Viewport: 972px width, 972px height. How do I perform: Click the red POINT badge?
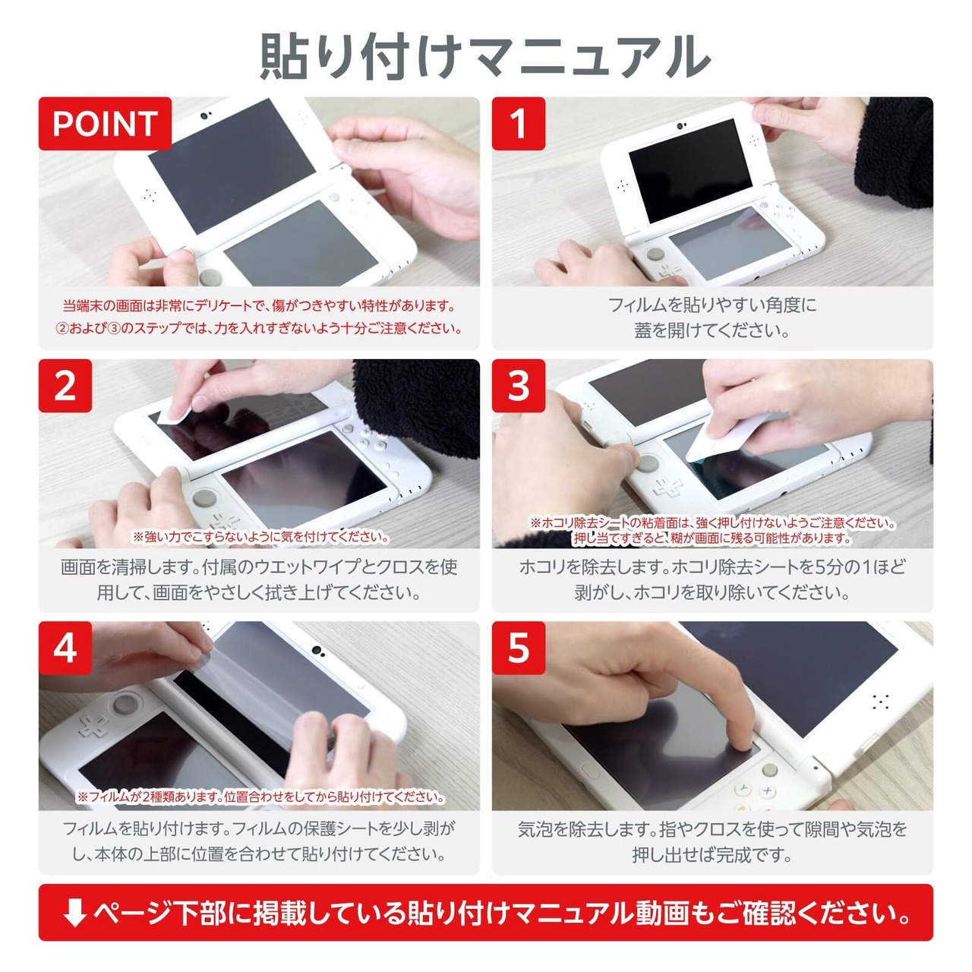[x=105, y=124]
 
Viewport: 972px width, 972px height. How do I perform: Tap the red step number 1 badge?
[x=519, y=124]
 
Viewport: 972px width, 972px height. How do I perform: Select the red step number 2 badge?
[x=65, y=386]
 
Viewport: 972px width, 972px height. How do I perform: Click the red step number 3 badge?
[x=519, y=386]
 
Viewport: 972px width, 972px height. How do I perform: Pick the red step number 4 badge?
[x=65, y=649]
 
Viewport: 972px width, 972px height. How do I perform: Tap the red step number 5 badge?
[x=519, y=649]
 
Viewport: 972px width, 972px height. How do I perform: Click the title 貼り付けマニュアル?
[x=485, y=56]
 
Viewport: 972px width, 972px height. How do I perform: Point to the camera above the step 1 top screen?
[x=681, y=125]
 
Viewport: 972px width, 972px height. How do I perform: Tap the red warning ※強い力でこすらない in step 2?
[x=260, y=537]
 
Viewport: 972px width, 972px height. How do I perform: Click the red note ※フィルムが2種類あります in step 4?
[x=260, y=797]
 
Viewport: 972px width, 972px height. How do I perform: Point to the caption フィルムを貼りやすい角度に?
[x=712, y=305]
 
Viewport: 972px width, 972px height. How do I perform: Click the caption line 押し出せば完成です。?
[x=712, y=855]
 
